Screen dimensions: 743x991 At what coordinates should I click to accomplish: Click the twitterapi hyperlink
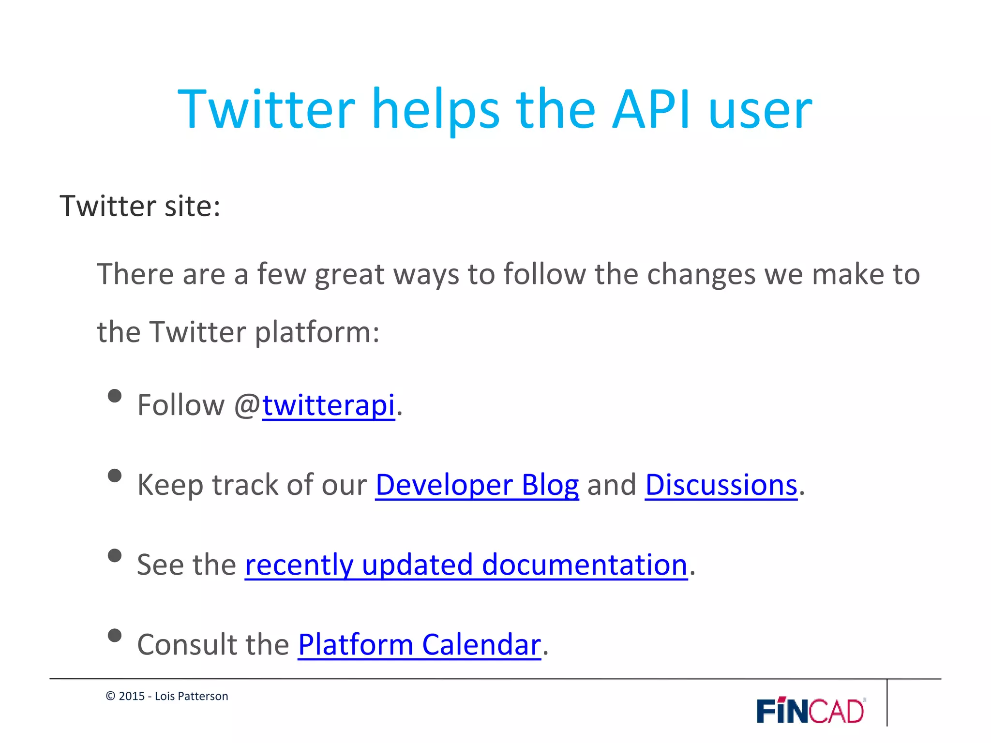[x=329, y=405]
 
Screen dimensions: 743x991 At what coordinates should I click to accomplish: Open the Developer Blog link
[x=477, y=485]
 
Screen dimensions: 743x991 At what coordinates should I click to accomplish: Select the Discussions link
[x=721, y=485]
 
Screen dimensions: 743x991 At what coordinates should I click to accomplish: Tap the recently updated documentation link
[x=465, y=565]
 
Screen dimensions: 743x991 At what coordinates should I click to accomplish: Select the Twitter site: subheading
[x=140, y=206]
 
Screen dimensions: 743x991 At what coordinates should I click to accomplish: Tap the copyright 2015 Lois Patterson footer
[x=167, y=696]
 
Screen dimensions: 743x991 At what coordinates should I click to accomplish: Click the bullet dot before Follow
[x=115, y=396]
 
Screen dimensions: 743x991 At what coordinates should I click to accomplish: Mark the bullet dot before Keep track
[x=115, y=476]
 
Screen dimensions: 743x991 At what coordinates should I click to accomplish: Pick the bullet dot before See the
[x=115, y=556]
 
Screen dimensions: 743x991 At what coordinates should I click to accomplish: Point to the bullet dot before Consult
[x=115, y=635]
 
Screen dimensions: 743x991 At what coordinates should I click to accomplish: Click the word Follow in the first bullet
[x=181, y=405]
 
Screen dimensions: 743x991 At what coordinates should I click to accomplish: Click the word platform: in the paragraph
[x=317, y=333]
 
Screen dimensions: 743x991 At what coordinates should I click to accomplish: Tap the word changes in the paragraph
[x=701, y=275]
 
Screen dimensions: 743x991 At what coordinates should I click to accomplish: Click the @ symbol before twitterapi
[x=247, y=405]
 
